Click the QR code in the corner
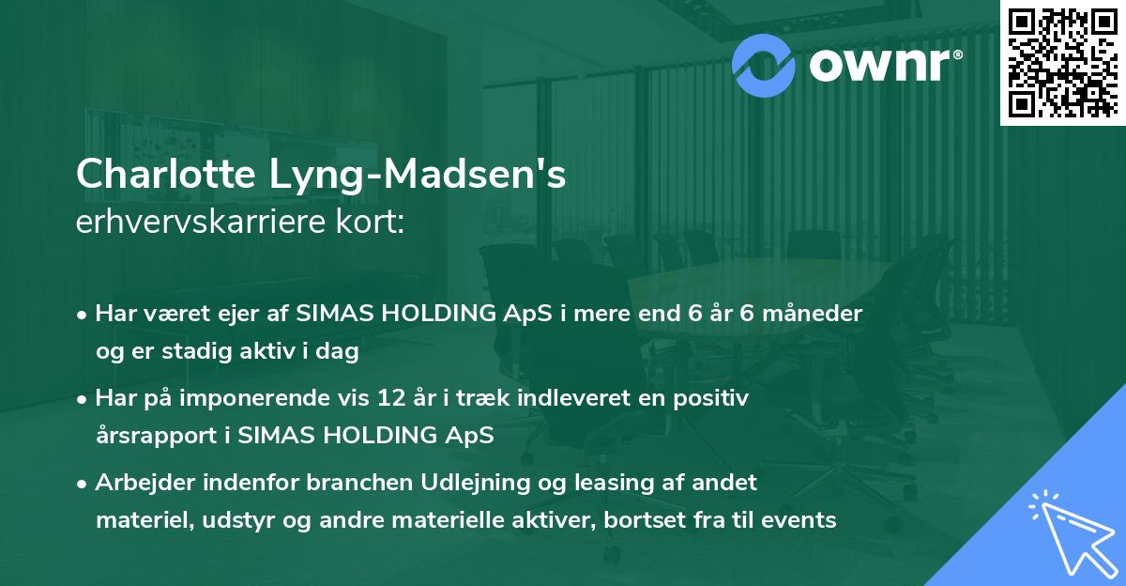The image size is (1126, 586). (1062, 62)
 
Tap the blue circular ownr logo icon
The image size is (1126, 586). (764, 63)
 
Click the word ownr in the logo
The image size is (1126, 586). (880, 64)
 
